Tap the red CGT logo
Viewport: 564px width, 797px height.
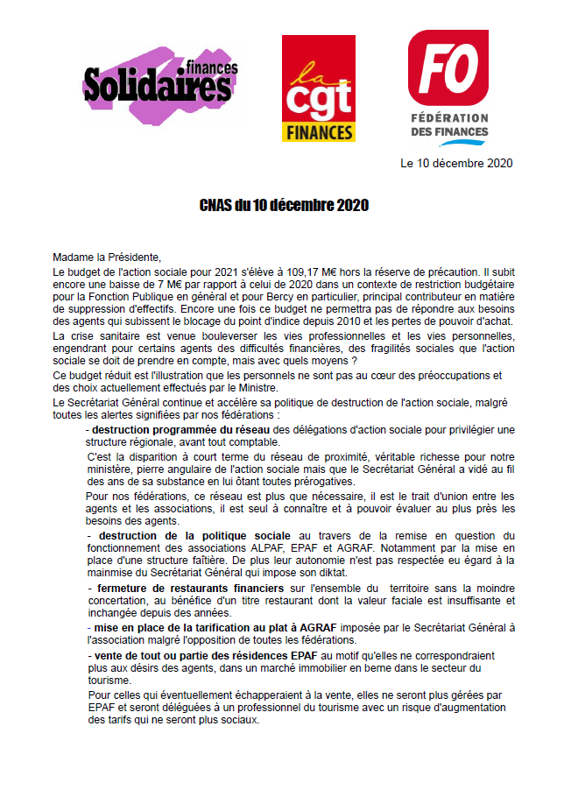[x=317, y=77]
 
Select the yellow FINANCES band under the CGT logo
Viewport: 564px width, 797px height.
[x=317, y=132]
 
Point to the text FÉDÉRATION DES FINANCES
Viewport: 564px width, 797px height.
[x=449, y=124]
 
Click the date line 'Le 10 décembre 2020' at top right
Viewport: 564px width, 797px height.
[x=456, y=163]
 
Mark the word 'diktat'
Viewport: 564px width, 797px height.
[x=311, y=571]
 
